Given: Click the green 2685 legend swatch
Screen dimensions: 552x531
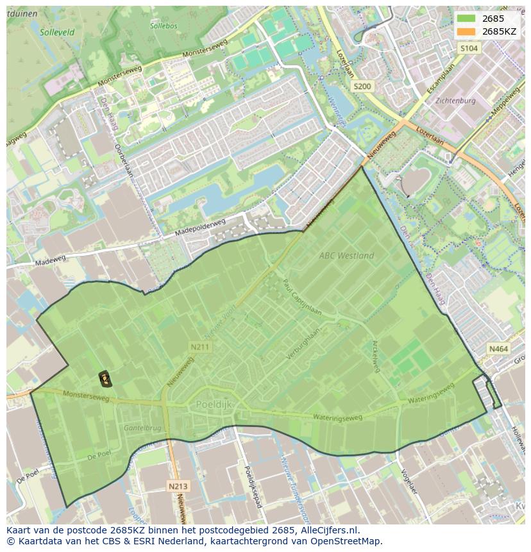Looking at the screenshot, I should click(466, 19).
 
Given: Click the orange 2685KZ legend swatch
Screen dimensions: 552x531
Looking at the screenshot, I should click(466, 31).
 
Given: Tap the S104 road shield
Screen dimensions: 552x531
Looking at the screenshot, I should click(469, 48).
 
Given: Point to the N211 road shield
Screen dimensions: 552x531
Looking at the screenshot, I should click(199, 347).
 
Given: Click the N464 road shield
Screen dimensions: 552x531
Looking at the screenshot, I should click(498, 349).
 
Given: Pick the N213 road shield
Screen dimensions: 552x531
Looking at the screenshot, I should click(178, 486).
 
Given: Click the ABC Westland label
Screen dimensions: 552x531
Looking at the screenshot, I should click(346, 255).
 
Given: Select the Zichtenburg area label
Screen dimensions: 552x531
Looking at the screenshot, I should click(455, 101).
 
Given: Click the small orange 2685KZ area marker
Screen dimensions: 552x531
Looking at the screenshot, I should click(105, 380).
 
